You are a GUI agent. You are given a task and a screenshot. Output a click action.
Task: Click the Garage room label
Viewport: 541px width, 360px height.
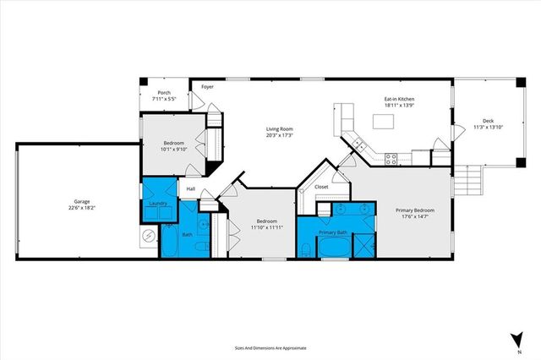[81, 202]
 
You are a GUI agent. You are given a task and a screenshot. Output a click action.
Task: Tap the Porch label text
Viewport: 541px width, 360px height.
[164, 92]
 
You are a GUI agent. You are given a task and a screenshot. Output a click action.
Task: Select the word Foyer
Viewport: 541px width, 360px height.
[207, 86]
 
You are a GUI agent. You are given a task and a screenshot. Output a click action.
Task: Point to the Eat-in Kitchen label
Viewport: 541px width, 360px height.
[399, 98]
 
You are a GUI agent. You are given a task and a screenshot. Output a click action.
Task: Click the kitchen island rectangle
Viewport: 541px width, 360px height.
[385, 121]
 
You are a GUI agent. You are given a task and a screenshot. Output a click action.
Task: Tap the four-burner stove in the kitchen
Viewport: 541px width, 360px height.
[391, 157]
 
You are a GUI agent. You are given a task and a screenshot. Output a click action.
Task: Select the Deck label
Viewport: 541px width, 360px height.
[489, 121]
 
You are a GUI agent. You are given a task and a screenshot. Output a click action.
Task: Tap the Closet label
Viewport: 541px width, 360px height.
[321, 187]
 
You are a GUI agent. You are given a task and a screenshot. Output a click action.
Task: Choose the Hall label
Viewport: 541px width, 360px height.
[191, 188]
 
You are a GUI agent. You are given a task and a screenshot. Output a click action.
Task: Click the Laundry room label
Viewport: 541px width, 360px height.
[156, 204]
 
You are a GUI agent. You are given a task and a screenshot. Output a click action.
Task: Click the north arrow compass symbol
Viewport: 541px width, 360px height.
[516, 340]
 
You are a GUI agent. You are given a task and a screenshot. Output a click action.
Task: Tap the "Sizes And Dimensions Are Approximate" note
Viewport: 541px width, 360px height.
[270, 347]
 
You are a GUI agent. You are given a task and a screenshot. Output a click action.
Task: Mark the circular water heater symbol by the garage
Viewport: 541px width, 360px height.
[148, 236]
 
